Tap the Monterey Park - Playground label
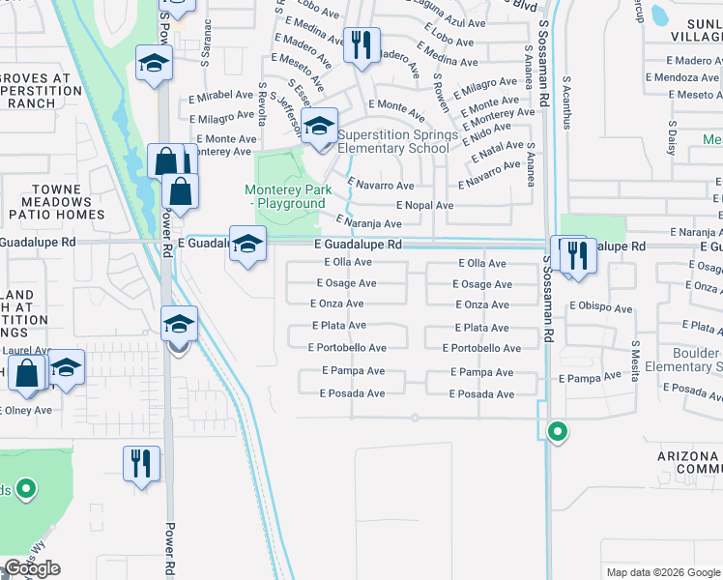coord(284,197)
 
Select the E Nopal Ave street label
coord(425,206)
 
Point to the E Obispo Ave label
coord(601,304)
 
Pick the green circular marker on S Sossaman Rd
coord(557,432)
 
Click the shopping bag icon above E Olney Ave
coord(27,372)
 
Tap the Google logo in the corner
coord(33,568)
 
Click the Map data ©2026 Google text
coord(662,572)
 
